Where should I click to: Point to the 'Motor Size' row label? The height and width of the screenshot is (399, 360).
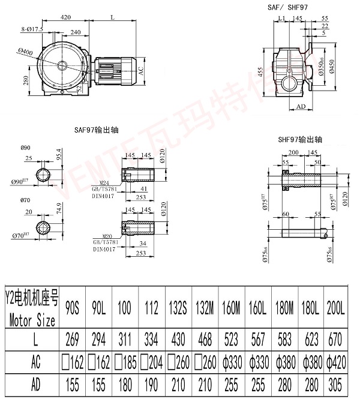(x=34, y=321)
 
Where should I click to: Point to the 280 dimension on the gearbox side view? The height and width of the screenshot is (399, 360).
(x=27, y=80)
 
